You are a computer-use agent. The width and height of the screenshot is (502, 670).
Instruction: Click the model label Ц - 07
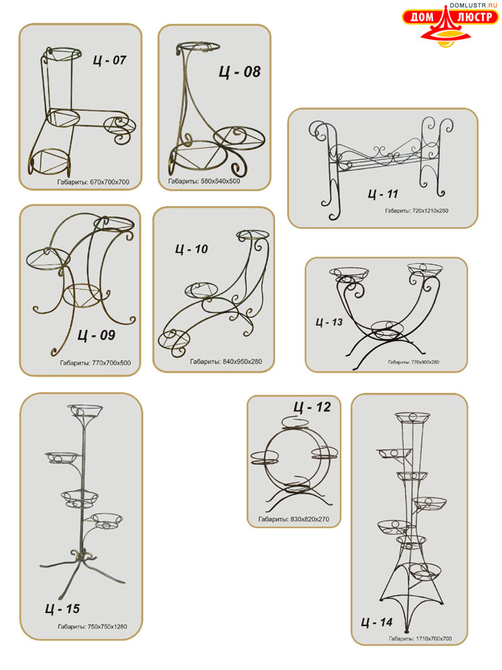pyautogui.click(x=110, y=60)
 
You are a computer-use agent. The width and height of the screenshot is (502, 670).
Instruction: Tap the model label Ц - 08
pyautogui.click(x=240, y=72)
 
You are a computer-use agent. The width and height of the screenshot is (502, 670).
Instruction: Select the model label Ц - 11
pyautogui.click(x=383, y=194)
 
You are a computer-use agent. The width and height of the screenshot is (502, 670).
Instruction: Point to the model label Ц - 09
pyautogui.click(x=96, y=335)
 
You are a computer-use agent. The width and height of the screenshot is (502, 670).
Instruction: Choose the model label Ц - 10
pyautogui.click(x=191, y=249)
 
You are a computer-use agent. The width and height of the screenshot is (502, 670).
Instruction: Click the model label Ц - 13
pyautogui.click(x=329, y=322)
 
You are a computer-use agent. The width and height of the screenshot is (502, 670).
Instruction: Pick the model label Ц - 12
pyautogui.click(x=313, y=407)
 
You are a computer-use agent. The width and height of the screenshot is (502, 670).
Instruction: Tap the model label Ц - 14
pyautogui.click(x=377, y=622)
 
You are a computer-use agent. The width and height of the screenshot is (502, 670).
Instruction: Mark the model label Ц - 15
pyautogui.click(x=62, y=608)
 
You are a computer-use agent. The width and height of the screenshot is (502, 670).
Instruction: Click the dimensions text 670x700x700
pyautogui.click(x=109, y=182)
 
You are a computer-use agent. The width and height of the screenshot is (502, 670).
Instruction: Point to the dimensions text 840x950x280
pyautogui.click(x=242, y=361)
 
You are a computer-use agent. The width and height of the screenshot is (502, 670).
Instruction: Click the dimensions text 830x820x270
pyautogui.click(x=310, y=519)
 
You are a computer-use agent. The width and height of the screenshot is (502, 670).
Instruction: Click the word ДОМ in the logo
pyautogui.click(x=422, y=17)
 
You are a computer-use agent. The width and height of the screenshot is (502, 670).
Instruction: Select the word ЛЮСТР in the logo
pyautogui.click(x=475, y=17)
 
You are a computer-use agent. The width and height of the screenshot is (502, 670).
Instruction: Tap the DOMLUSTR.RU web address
pyautogui.click(x=473, y=5)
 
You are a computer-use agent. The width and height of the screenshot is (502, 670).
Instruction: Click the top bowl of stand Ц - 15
pyautogui.click(x=85, y=411)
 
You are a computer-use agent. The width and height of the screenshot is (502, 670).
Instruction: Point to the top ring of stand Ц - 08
pyautogui.click(x=199, y=47)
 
